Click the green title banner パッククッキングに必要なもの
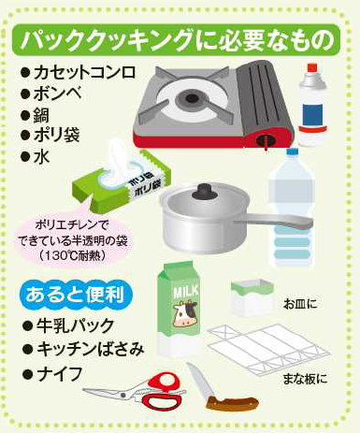tap(176, 39)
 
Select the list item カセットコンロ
tap(79, 72)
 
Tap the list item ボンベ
tap(51, 94)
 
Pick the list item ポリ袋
tap(50, 135)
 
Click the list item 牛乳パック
tap(68, 325)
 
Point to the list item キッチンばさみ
tap(83, 349)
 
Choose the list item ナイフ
tap(53, 374)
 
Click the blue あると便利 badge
tap(76, 295)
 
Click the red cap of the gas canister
tap(312, 68)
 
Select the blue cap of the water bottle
tap(293, 152)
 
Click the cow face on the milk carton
tap(186, 313)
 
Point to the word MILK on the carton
tap(186, 292)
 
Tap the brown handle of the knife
tap(233, 403)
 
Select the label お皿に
tap(300, 304)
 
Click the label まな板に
tap(305, 379)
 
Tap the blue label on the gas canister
tap(313, 115)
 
